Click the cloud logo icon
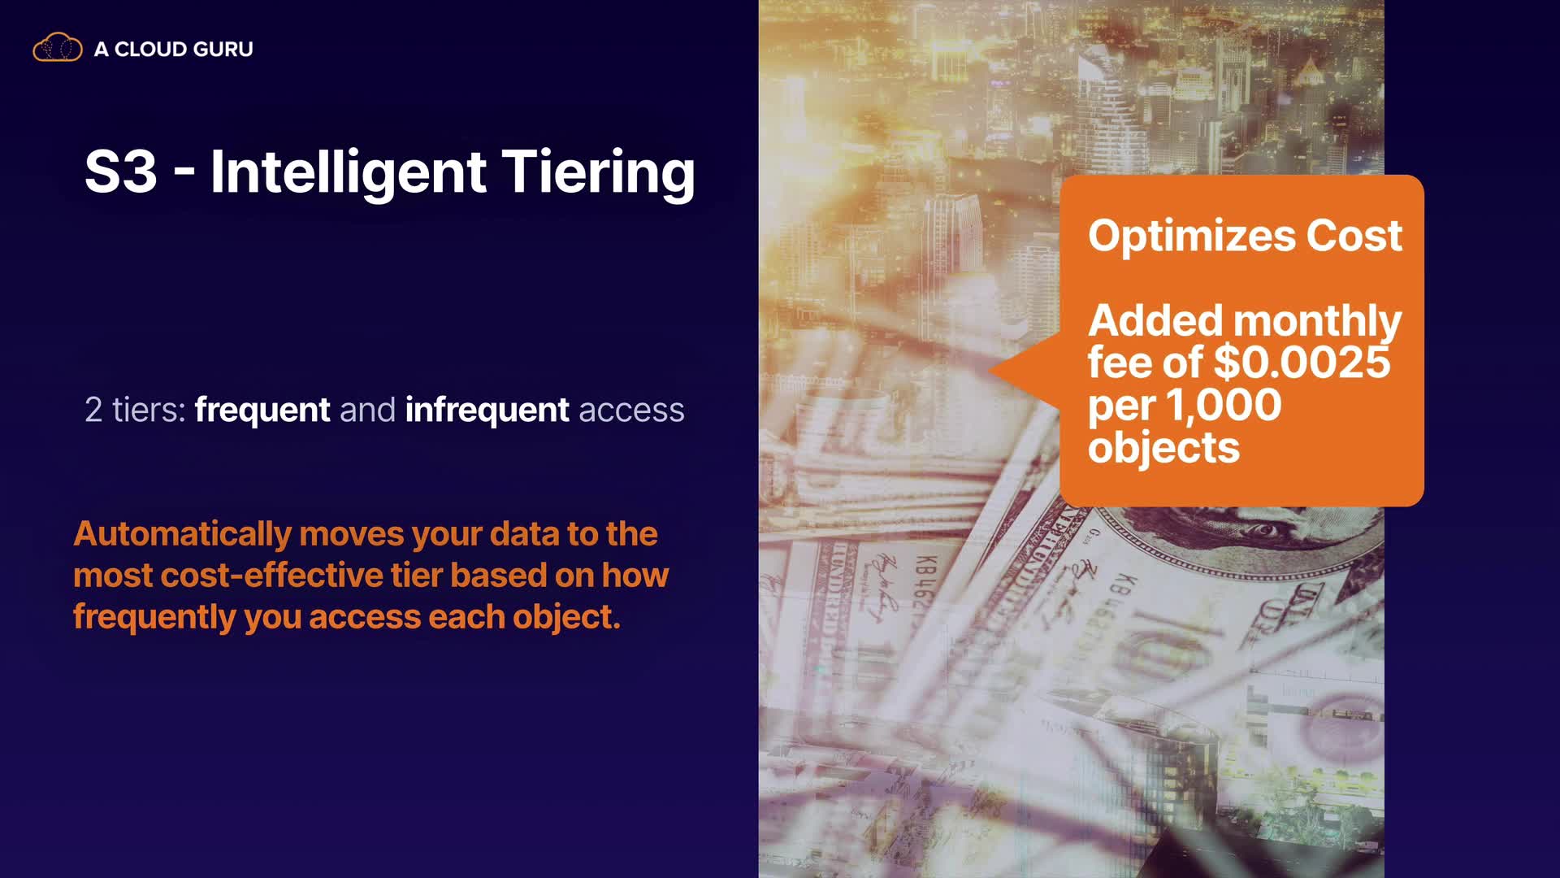[58, 48]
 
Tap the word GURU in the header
[223, 50]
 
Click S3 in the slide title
[120, 172]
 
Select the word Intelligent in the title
[349, 173]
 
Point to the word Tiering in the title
[598, 173]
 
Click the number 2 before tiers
[93, 410]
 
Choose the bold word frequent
[262, 411]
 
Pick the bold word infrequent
[487, 411]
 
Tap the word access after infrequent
[631, 411]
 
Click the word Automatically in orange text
[182, 534]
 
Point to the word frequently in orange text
[154, 617]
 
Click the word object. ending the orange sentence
[565, 617]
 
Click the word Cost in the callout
[1354, 236]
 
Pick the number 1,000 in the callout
[1224, 406]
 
